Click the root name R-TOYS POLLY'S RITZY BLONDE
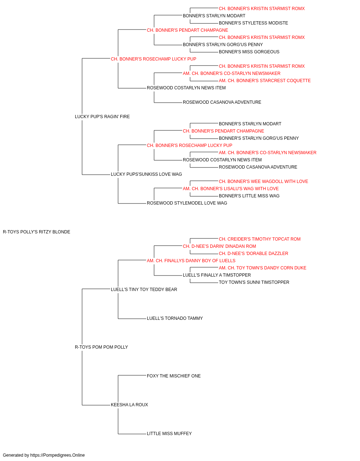click(36, 232)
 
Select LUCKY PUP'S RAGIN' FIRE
click(102, 116)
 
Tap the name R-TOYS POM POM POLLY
click(102, 347)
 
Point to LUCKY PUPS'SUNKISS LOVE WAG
click(146, 174)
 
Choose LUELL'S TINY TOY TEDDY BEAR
click(144, 289)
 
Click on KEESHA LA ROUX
click(129, 404)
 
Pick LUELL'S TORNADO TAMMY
click(175, 318)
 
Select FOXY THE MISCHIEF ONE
click(174, 376)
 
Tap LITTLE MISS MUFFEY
click(169, 433)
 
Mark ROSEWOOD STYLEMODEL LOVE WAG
click(187, 203)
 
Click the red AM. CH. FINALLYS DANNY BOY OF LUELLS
click(191, 260)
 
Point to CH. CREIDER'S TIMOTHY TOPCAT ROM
click(260, 239)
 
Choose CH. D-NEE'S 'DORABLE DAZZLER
click(253, 254)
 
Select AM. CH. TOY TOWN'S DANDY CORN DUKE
click(262, 268)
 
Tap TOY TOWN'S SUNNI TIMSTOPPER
click(254, 282)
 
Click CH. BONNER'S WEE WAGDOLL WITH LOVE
click(263, 182)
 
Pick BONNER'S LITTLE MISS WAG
click(249, 196)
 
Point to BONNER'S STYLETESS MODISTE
click(253, 23)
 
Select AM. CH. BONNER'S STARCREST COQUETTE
click(265, 81)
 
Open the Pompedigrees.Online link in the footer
click(57, 455)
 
